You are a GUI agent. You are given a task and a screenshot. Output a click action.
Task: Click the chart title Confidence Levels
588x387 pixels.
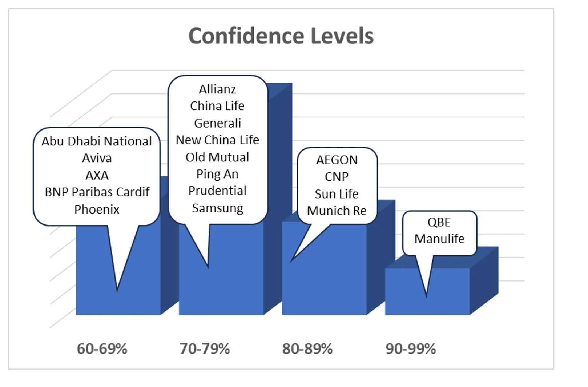point(281,36)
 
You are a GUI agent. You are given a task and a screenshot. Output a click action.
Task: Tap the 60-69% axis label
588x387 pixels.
point(102,349)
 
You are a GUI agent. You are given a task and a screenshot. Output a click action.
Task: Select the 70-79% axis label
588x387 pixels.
point(205,349)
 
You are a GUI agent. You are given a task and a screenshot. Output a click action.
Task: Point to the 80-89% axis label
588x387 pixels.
point(307,349)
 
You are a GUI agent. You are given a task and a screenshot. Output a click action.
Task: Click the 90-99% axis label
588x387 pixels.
point(411,349)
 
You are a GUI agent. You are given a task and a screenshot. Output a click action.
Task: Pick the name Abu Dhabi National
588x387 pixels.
point(96,141)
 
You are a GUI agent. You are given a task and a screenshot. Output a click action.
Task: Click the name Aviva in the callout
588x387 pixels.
point(97,158)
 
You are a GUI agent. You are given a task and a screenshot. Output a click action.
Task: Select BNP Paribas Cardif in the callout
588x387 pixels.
point(97,192)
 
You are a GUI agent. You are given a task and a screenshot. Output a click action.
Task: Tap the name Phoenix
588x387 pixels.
point(97,209)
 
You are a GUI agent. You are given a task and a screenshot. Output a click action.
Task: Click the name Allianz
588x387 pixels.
point(217,89)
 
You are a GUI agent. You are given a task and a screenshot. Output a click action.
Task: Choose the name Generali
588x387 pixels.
point(217,123)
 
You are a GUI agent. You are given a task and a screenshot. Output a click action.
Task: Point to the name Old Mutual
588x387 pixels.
point(217,157)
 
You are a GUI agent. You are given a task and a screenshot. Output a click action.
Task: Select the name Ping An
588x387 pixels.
point(217,174)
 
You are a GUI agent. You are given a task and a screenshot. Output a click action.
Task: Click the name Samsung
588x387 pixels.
point(217,208)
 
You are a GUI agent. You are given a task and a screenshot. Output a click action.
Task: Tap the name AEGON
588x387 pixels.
point(337,160)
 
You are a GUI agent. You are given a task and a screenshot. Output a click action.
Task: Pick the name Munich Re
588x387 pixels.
point(337,211)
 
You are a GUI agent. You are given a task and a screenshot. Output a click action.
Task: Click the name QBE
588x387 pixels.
point(439,222)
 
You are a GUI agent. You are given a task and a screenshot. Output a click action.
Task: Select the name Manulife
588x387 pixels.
point(439,239)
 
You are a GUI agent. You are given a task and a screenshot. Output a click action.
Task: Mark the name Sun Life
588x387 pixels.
point(337,194)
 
